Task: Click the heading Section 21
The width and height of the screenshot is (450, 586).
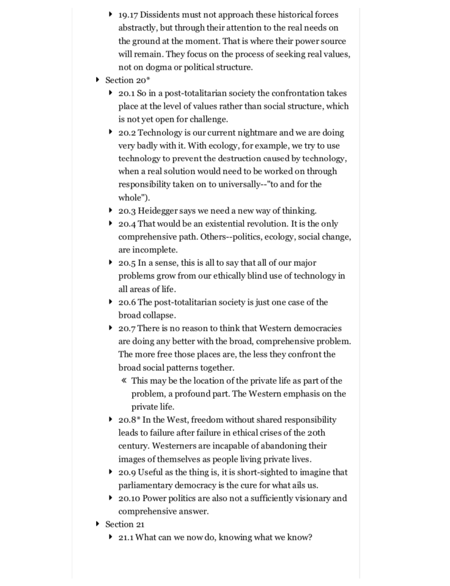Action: pyautogui.click(x=125, y=524)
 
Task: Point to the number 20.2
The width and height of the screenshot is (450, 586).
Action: pyautogui.click(x=128, y=132)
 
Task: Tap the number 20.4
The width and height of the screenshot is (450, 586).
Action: pyautogui.click(x=128, y=223)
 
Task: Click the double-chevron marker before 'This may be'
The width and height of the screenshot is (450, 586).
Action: pyautogui.click(x=124, y=380)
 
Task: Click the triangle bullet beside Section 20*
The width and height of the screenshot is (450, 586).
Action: pyautogui.click(x=97, y=80)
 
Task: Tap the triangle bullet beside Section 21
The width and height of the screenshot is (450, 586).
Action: pyautogui.click(x=97, y=524)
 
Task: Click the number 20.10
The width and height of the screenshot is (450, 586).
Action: pyautogui.click(x=129, y=498)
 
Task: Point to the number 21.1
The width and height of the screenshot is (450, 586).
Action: pyautogui.click(x=126, y=537)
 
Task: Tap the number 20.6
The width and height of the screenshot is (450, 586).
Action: pyautogui.click(x=128, y=302)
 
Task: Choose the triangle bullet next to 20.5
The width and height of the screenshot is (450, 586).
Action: pyautogui.click(x=110, y=262)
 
